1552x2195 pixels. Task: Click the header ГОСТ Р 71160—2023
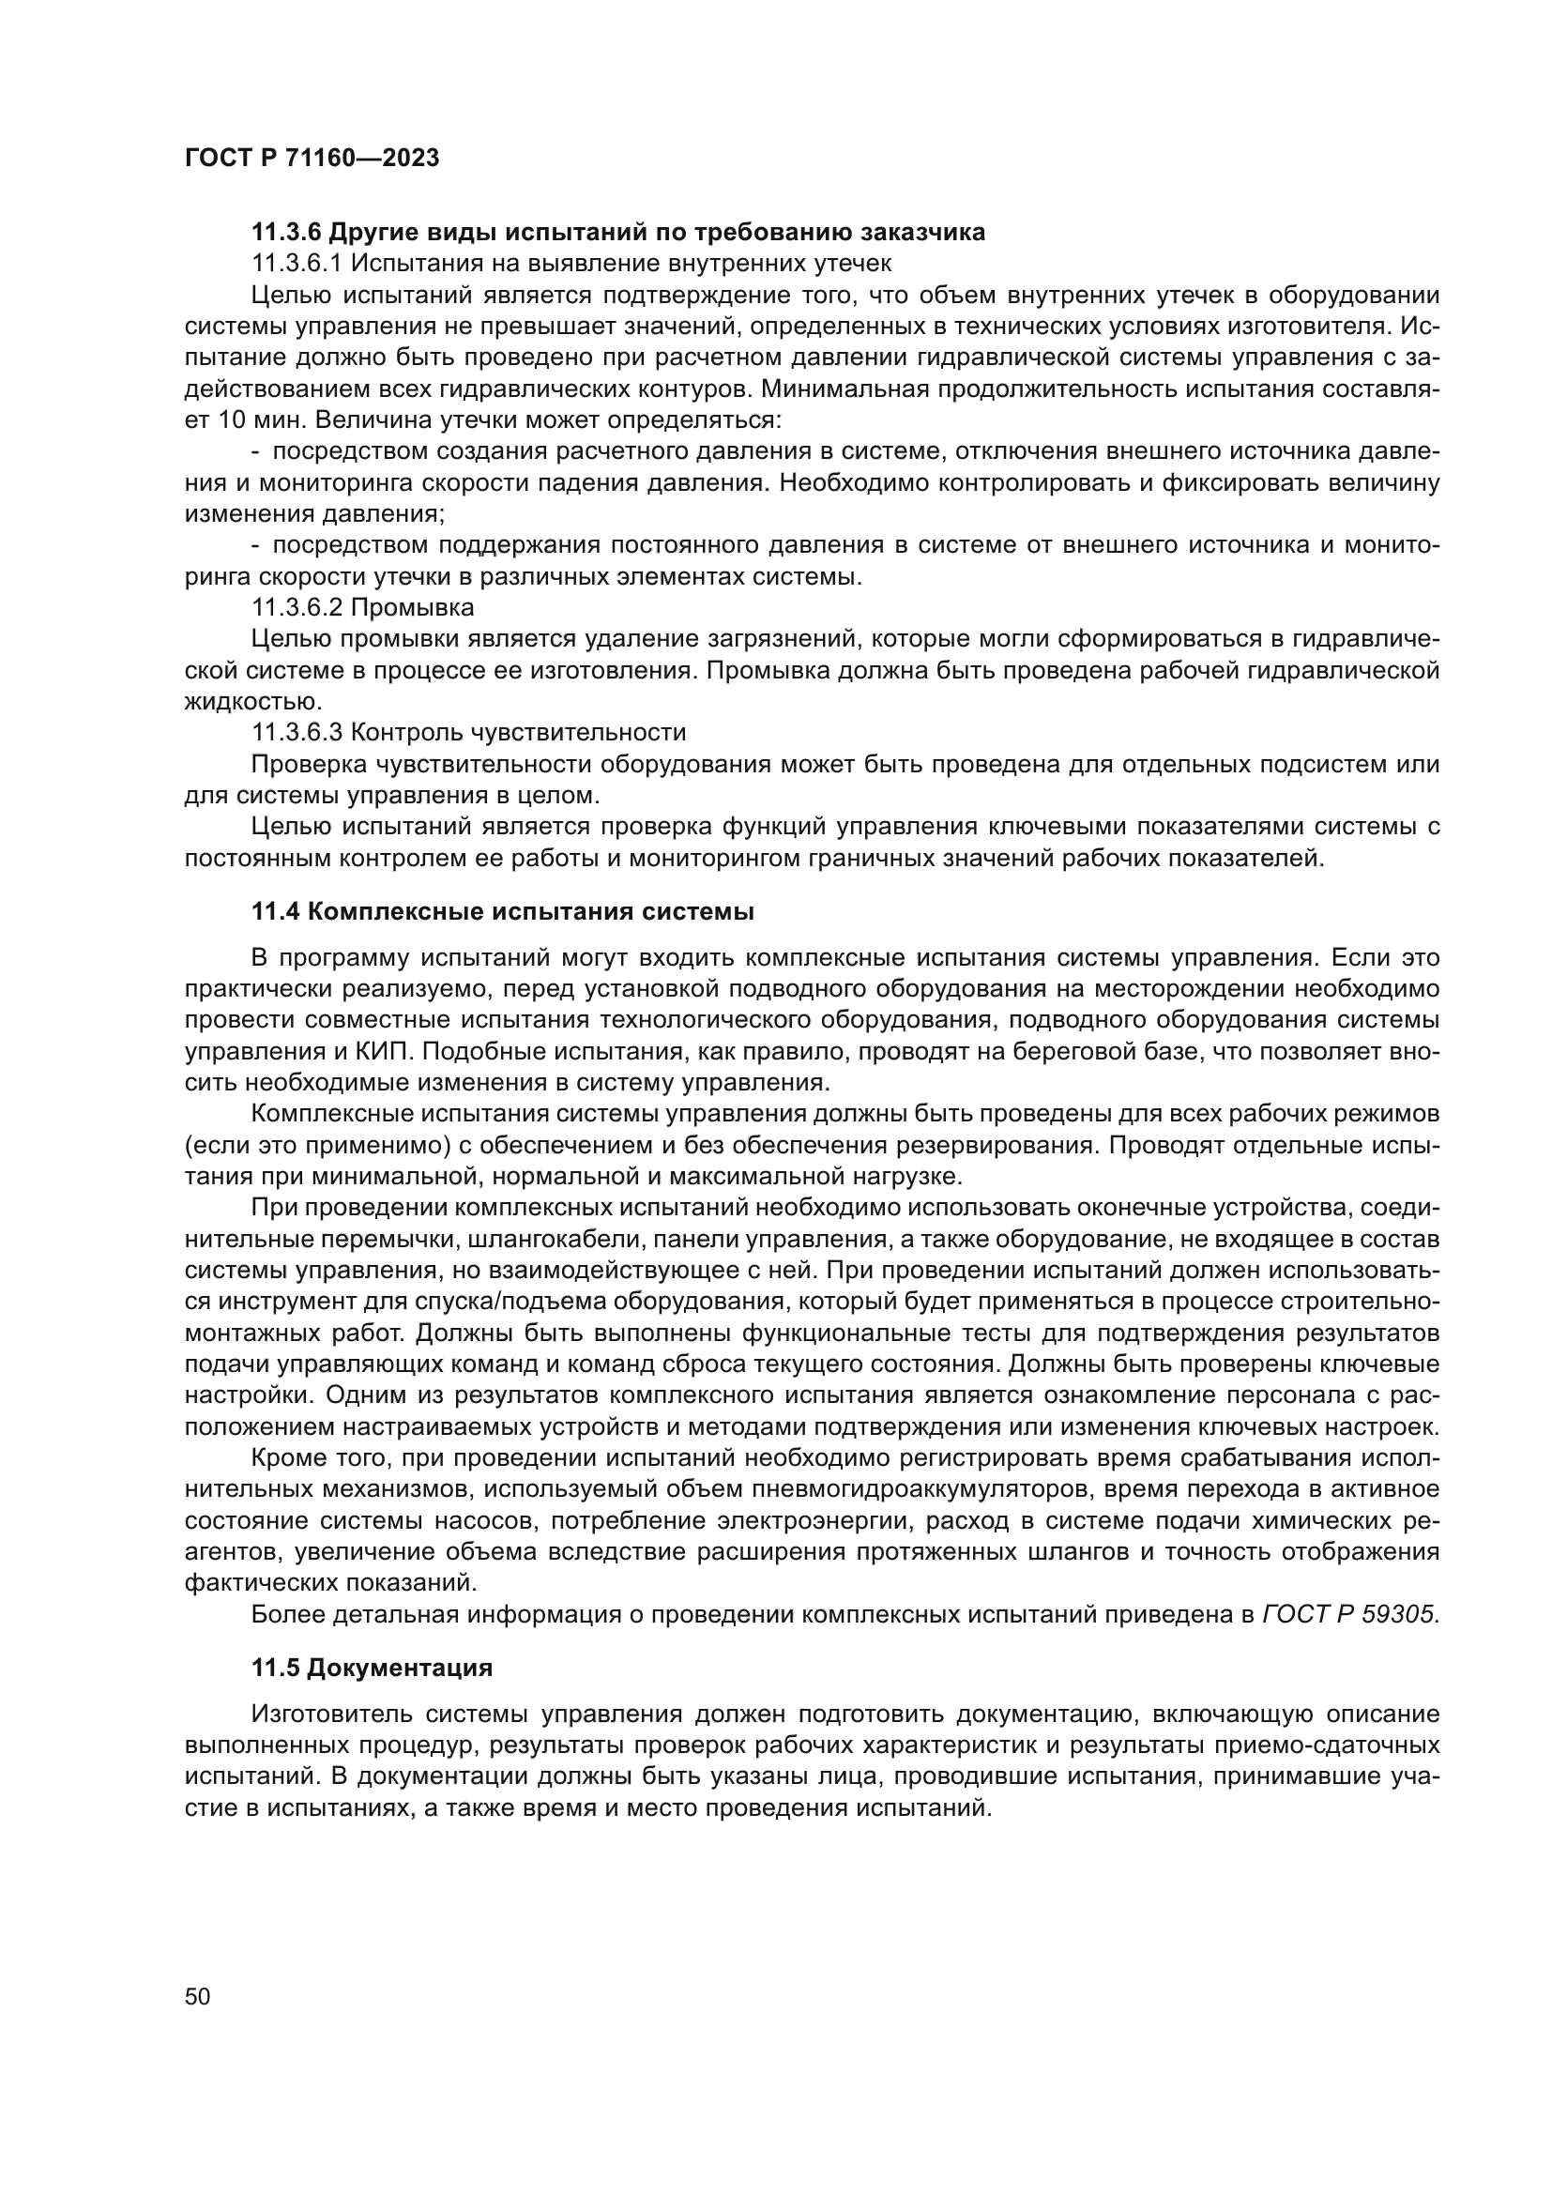312,159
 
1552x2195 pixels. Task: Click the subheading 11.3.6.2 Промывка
362,607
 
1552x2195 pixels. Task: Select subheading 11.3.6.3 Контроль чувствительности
468,732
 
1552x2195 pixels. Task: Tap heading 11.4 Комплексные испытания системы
503,911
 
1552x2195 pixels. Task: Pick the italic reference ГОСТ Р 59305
1348,1615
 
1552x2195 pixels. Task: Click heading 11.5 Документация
372,1669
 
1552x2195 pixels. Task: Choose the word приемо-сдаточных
1327,1745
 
